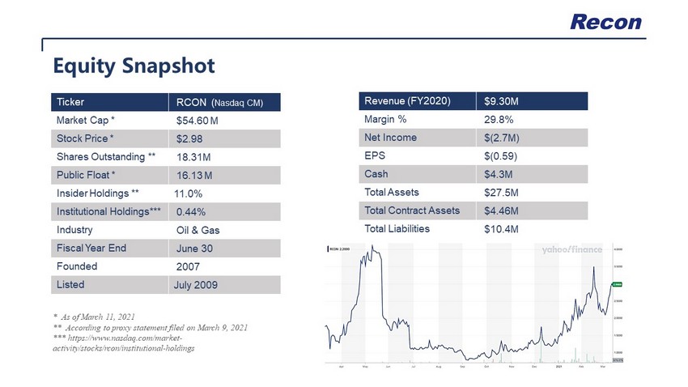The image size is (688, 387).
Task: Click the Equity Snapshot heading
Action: click(134, 64)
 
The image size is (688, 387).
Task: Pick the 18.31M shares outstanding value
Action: click(194, 157)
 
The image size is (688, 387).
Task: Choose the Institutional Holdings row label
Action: click(109, 211)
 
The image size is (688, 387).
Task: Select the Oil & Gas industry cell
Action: click(197, 230)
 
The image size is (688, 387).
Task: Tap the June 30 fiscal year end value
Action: click(194, 249)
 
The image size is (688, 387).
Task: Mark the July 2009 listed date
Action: click(196, 285)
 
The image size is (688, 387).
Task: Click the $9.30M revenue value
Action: click(501, 101)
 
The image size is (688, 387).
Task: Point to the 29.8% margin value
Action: click(498, 120)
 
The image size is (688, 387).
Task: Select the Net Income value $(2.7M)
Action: click(502, 138)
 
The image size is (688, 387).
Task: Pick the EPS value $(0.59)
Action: click(500, 156)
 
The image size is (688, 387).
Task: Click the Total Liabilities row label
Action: click(397, 228)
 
